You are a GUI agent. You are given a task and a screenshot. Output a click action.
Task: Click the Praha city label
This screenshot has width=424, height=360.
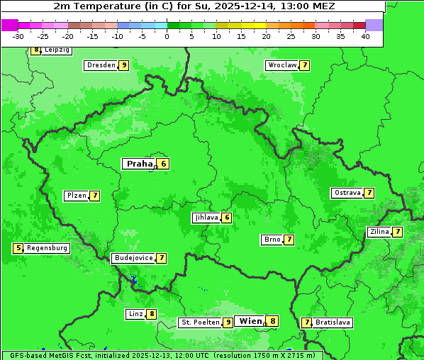139,164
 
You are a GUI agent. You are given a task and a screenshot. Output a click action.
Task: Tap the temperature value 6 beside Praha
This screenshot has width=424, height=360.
163,164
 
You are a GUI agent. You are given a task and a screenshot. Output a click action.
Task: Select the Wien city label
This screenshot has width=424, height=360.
250,321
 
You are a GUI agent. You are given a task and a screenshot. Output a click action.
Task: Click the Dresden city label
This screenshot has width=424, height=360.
101,65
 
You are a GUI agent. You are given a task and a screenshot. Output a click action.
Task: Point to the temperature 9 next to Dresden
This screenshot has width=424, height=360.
124,65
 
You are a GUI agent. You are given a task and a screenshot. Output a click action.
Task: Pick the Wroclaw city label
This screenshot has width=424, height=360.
282,65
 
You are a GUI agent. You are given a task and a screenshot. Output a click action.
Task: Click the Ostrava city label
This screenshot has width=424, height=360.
347,193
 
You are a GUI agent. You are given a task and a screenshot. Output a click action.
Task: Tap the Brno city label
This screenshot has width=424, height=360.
272,240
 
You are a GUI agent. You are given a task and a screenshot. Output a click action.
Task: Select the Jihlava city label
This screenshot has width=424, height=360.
206,218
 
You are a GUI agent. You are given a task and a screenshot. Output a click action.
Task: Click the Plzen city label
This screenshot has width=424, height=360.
76,196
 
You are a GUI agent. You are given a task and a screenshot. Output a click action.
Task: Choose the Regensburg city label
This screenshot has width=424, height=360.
48,248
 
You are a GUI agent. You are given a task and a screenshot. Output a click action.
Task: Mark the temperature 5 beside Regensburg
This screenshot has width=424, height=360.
18,248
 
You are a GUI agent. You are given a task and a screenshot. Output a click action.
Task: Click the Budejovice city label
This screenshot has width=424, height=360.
133,258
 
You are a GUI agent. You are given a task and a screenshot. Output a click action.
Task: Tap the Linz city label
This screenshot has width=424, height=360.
135,314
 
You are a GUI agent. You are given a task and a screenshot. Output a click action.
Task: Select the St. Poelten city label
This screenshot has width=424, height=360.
200,322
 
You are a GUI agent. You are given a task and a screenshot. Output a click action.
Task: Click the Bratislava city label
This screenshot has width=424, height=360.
333,322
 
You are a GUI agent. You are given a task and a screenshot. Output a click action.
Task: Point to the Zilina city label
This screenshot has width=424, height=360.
379,232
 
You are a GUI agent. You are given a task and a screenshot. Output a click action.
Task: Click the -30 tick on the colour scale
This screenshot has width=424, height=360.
18,35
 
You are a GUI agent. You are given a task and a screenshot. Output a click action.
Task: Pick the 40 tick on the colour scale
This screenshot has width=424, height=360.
365,35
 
